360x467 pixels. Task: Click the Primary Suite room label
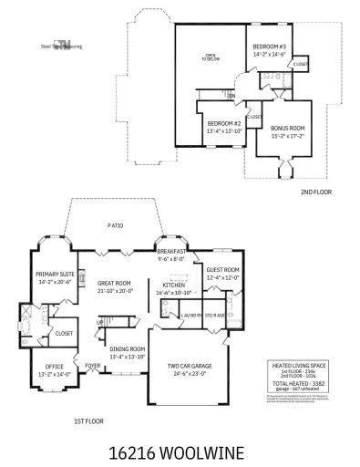[54, 274]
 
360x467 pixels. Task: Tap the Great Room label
[115, 284]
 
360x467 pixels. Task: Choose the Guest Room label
[221, 270]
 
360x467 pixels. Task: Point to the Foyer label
[93, 366]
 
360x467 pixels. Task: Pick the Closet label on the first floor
[64, 334]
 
